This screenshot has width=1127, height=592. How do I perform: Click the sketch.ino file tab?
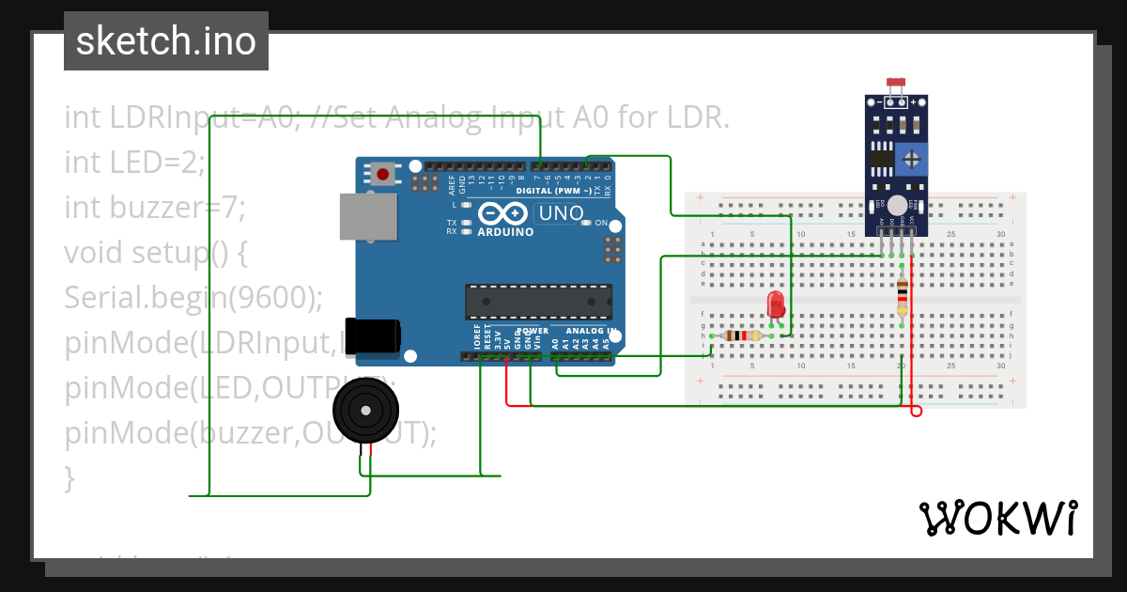[x=166, y=41]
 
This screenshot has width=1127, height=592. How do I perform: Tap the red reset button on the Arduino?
[x=382, y=173]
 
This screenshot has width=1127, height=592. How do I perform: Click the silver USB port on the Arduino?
[x=361, y=216]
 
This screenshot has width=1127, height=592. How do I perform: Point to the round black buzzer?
[x=365, y=411]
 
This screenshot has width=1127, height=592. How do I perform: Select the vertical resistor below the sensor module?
[x=903, y=296]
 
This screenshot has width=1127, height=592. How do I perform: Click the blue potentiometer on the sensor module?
[x=911, y=160]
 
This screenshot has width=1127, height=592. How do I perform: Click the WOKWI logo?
[x=997, y=518]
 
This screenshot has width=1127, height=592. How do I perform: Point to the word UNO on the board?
[x=561, y=213]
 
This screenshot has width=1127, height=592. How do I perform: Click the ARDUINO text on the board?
[x=505, y=232]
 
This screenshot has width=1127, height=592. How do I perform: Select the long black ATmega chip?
[x=538, y=302]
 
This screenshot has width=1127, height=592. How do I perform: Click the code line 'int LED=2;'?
[x=134, y=163]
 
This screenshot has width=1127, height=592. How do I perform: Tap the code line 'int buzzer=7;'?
[x=155, y=207]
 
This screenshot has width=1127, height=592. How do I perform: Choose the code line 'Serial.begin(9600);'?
[x=193, y=297]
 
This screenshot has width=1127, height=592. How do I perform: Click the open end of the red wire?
[x=917, y=412]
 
